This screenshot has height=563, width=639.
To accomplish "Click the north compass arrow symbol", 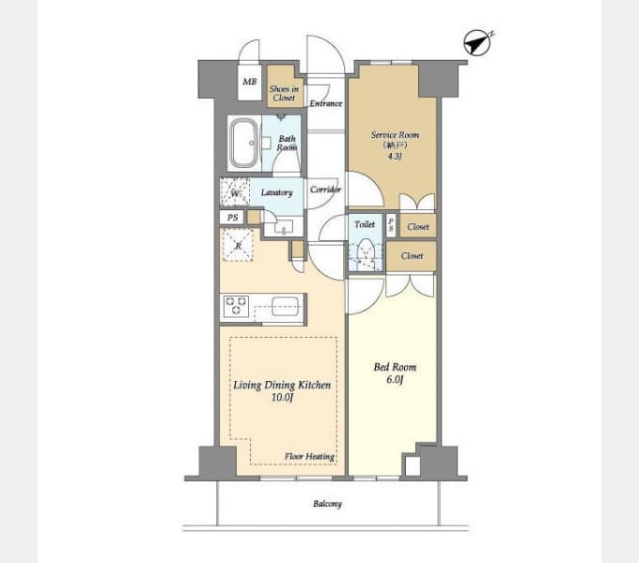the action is (477, 42).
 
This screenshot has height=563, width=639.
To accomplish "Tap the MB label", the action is (249, 82).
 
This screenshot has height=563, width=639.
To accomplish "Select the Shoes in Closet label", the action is (284, 93).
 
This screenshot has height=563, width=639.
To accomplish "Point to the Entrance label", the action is (326, 103).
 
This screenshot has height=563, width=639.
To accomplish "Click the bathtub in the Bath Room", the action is (243, 144).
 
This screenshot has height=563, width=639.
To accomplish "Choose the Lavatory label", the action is (276, 192).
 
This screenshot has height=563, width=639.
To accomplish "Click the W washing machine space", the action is (235, 192).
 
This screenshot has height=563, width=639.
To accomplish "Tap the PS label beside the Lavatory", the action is (232, 218).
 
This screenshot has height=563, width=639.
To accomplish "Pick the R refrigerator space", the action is (238, 245).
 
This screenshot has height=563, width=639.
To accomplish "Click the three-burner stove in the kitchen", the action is (236, 306).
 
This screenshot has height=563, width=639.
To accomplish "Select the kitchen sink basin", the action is (286, 306).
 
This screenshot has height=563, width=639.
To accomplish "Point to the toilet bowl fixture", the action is (366, 251).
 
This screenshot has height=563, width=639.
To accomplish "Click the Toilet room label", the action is (365, 224).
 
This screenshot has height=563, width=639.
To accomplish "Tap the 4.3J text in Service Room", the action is (394, 156).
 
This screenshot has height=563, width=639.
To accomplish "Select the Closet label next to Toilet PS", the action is (418, 226).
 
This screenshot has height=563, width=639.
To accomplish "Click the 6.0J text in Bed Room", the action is (395, 380).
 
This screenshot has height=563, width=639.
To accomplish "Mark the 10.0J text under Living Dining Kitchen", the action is (282, 397).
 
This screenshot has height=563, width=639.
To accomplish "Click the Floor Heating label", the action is (310, 456).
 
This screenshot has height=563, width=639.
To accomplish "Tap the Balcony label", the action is (327, 504).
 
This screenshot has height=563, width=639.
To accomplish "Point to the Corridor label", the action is (325, 190).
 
